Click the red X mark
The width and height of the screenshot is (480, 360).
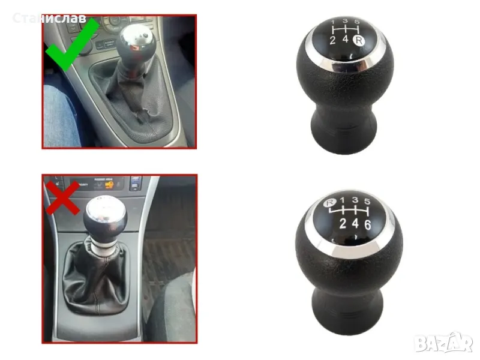pyautogui.click(x=62, y=198)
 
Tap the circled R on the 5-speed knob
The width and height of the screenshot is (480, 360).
pyautogui.click(x=359, y=40)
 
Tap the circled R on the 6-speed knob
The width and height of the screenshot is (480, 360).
pyautogui.click(x=330, y=202)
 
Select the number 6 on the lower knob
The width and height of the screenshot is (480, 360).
pyautogui.click(x=367, y=225)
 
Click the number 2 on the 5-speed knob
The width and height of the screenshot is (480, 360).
pyautogui.click(x=333, y=40)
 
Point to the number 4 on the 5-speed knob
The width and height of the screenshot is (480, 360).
pyautogui.click(x=346, y=39)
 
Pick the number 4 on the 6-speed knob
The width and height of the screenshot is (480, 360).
pyautogui.click(x=355, y=223)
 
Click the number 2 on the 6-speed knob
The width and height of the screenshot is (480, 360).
pyautogui.click(x=343, y=223)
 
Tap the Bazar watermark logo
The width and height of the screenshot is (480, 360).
pyautogui.click(x=443, y=343)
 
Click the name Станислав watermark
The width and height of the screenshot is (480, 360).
pyautogui.click(x=49, y=19)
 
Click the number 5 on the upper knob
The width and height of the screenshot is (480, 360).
pyautogui.click(x=356, y=22)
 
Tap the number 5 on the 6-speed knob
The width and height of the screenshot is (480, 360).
pyautogui.click(x=367, y=201)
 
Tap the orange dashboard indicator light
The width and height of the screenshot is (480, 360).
pyautogui.click(x=108, y=185)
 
